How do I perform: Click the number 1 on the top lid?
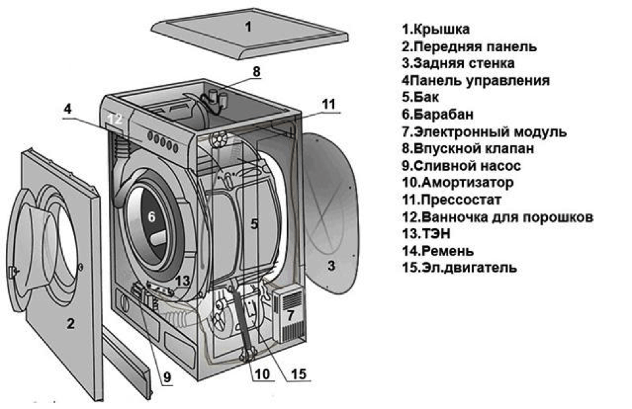[248, 28]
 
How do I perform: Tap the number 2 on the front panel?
[70, 324]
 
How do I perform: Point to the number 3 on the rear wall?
[331, 266]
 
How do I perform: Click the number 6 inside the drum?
[151, 217]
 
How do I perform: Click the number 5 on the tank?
[254, 224]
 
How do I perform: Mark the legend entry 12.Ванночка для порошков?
[498, 217]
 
